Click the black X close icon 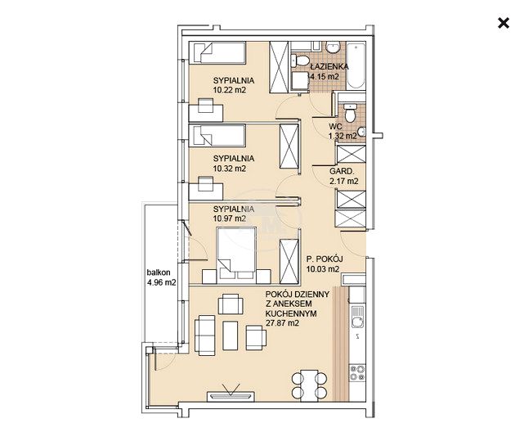(504, 23)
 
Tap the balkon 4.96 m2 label (161, 277)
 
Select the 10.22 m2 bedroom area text (230, 90)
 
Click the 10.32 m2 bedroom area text (230, 169)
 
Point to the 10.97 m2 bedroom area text (230, 218)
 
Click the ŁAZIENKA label (329, 66)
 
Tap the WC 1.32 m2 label (343, 131)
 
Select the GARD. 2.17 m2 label (344, 176)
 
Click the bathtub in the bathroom (356, 65)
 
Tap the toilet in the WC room (350, 113)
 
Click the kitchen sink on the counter (356, 317)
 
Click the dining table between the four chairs (309, 385)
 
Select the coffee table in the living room (231, 335)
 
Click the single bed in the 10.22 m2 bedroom (217, 52)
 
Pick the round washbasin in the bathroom (332, 47)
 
